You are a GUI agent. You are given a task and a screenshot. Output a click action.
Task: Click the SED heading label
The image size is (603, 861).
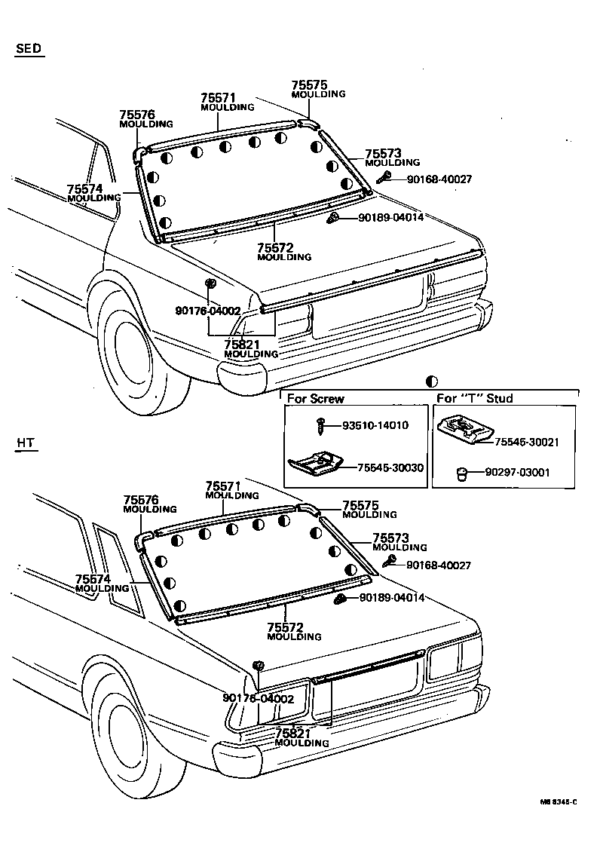click(x=28, y=49)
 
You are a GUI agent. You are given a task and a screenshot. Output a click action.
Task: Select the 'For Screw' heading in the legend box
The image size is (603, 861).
click(x=315, y=398)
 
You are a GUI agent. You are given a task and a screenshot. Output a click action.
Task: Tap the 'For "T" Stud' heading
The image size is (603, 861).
click(x=475, y=398)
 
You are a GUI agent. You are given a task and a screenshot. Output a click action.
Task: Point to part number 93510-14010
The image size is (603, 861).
click(x=375, y=425)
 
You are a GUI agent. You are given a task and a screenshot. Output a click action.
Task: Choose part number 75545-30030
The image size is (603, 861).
click(x=390, y=467)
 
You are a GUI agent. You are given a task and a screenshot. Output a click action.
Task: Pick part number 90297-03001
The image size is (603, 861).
click(x=517, y=473)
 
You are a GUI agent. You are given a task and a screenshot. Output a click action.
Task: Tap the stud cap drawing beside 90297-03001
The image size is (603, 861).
click(x=463, y=473)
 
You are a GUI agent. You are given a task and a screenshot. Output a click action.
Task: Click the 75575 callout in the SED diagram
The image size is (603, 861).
click(x=310, y=86)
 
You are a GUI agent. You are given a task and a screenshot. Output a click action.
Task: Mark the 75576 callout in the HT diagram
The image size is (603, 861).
click(x=141, y=500)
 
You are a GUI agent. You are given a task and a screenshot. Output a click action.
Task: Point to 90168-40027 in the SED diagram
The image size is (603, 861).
click(x=439, y=179)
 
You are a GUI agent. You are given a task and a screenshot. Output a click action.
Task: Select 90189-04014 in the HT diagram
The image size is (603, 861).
click(x=391, y=598)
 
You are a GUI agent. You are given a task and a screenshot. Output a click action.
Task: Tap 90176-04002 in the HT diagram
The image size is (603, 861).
click(x=258, y=699)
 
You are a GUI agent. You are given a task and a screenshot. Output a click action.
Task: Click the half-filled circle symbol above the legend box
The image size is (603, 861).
click(x=432, y=382)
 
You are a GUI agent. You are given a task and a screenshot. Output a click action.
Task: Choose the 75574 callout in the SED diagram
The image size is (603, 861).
click(x=84, y=188)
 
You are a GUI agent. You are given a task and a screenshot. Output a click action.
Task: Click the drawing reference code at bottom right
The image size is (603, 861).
click(x=557, y=802)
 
